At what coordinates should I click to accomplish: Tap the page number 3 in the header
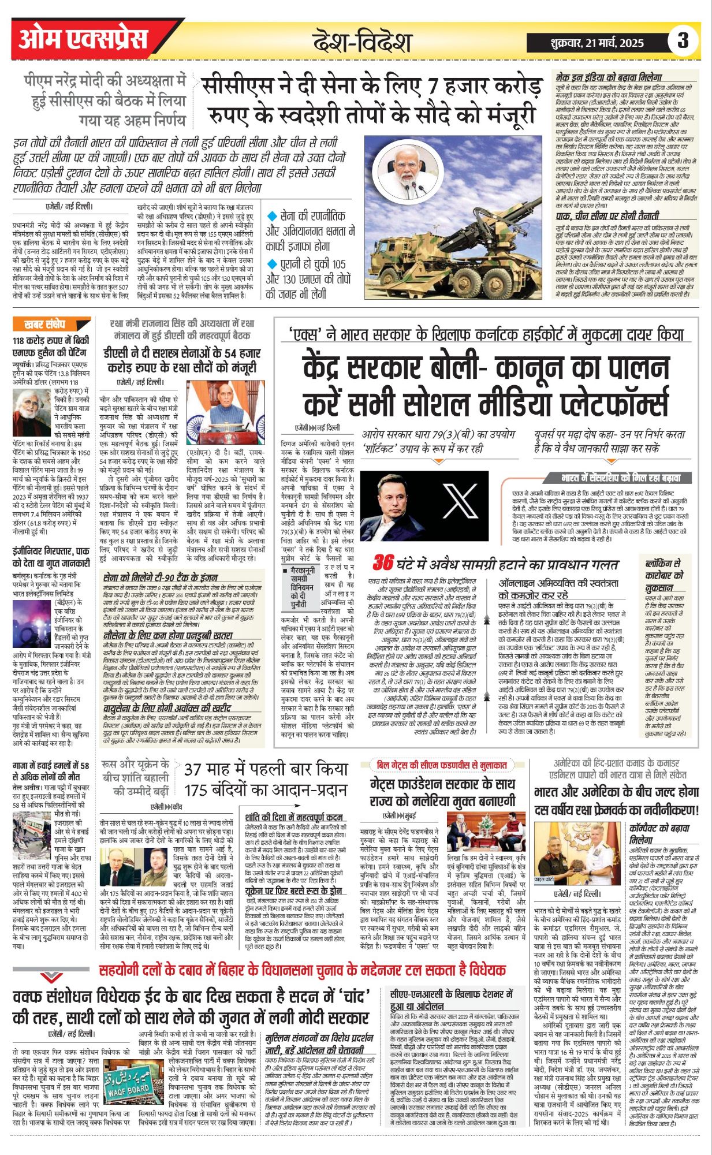pyautogui.click(x=683, y=41)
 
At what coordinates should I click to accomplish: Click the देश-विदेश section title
pyautogui.click(x=361, y=43)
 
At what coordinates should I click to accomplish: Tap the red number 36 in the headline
pyautogui.click(x=383, y=563)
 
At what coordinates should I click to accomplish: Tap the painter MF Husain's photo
pyautogui.click(x=31, y=412)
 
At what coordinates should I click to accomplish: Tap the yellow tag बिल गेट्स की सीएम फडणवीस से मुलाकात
pyautogui.click(x=441, y=765)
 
